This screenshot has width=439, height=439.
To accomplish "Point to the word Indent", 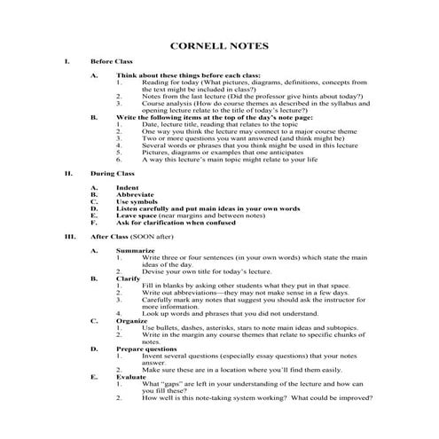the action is (129, 188).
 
